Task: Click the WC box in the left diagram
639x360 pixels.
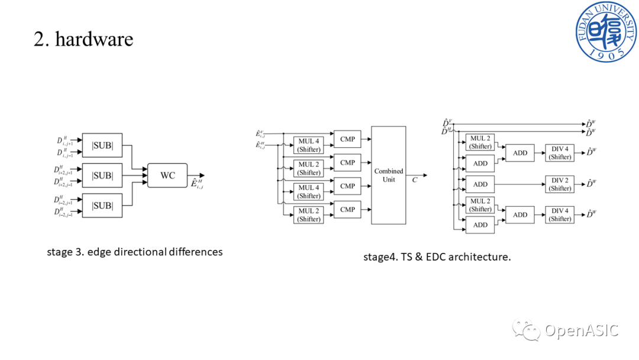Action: (x=167, y=175)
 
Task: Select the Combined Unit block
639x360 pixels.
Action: (x=388, y=175)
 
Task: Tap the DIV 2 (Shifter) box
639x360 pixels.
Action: (x=560, y=184)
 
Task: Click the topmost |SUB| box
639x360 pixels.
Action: (x=102, y=146)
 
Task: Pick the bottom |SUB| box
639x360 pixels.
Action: (x=102, y=205)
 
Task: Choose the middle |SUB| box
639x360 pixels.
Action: (x=102, y=176)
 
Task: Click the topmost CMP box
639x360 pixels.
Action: (x=347, y=139)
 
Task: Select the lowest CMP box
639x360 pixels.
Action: (x=347, y=210)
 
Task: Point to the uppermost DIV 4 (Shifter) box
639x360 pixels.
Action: (x=560, y=153)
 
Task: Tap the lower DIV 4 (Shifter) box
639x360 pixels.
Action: (x=560, y=214)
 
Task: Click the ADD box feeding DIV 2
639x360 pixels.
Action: (x=480, y=184)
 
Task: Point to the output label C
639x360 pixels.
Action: (x=415, y=179)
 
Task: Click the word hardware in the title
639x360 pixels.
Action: (x=94, y=39)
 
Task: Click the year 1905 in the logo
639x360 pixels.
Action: (x=606, y=53)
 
